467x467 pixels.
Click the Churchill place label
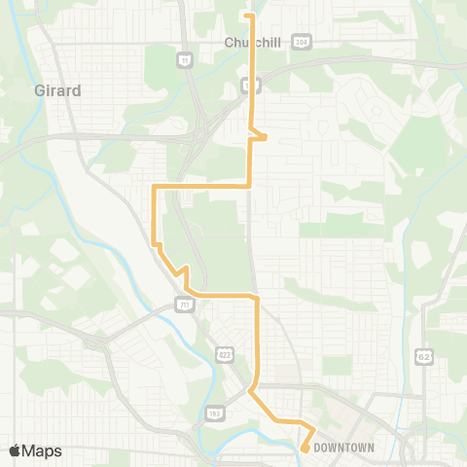(x=251, y=43)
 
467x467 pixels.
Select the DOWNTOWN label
(x=344, y=448)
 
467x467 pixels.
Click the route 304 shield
(x=303, y=43)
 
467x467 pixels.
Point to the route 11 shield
(x=183, y=59)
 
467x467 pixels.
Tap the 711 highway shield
(x=185, y=305)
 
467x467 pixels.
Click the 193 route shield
(x=214, y=413)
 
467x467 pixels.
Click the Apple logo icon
(x=16, y=450)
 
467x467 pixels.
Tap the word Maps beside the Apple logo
(x=43, y=450)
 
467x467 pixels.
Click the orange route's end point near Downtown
(x=305, y=449)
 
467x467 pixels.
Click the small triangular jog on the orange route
(x=261, y=135)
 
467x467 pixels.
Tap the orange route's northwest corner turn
(x=154, y=185)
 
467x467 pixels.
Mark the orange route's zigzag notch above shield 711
(x=181, y=271)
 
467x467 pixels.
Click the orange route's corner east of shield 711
(x=256, y=295)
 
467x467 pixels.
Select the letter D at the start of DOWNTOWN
(x=317, y=448)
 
